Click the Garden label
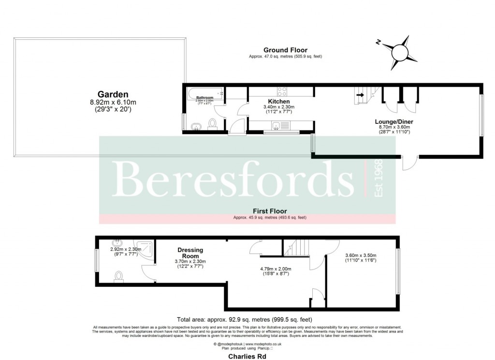click(113, 94)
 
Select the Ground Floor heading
click(285, 50)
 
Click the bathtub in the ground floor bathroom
click(204, 92)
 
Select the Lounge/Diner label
click(394, 121)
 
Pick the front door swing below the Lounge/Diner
click(410, 164)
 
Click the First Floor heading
click(270, 211)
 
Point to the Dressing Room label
click(190, 253)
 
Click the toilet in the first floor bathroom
click(118, 276)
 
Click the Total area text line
click(245, 319)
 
